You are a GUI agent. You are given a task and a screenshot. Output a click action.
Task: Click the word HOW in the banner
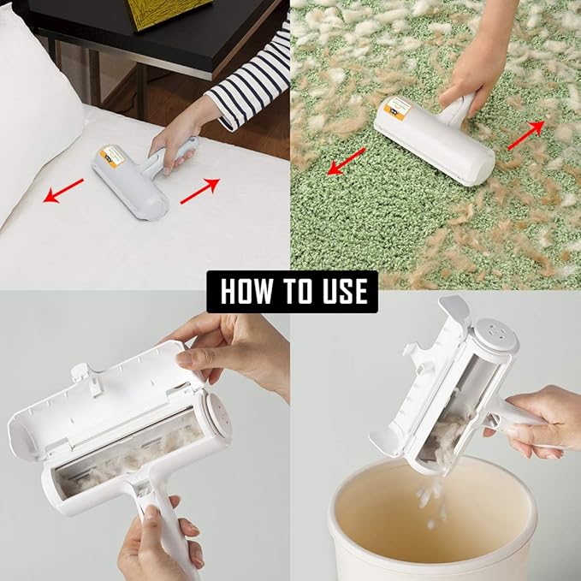244,291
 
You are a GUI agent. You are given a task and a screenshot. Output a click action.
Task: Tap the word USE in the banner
338,291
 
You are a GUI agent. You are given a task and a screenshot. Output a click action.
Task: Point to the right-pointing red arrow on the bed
200,189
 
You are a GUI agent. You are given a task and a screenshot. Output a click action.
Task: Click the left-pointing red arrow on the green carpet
346,161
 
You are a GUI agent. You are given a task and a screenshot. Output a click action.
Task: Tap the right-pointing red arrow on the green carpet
525,134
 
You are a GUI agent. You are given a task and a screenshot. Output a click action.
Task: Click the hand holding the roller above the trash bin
539,419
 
